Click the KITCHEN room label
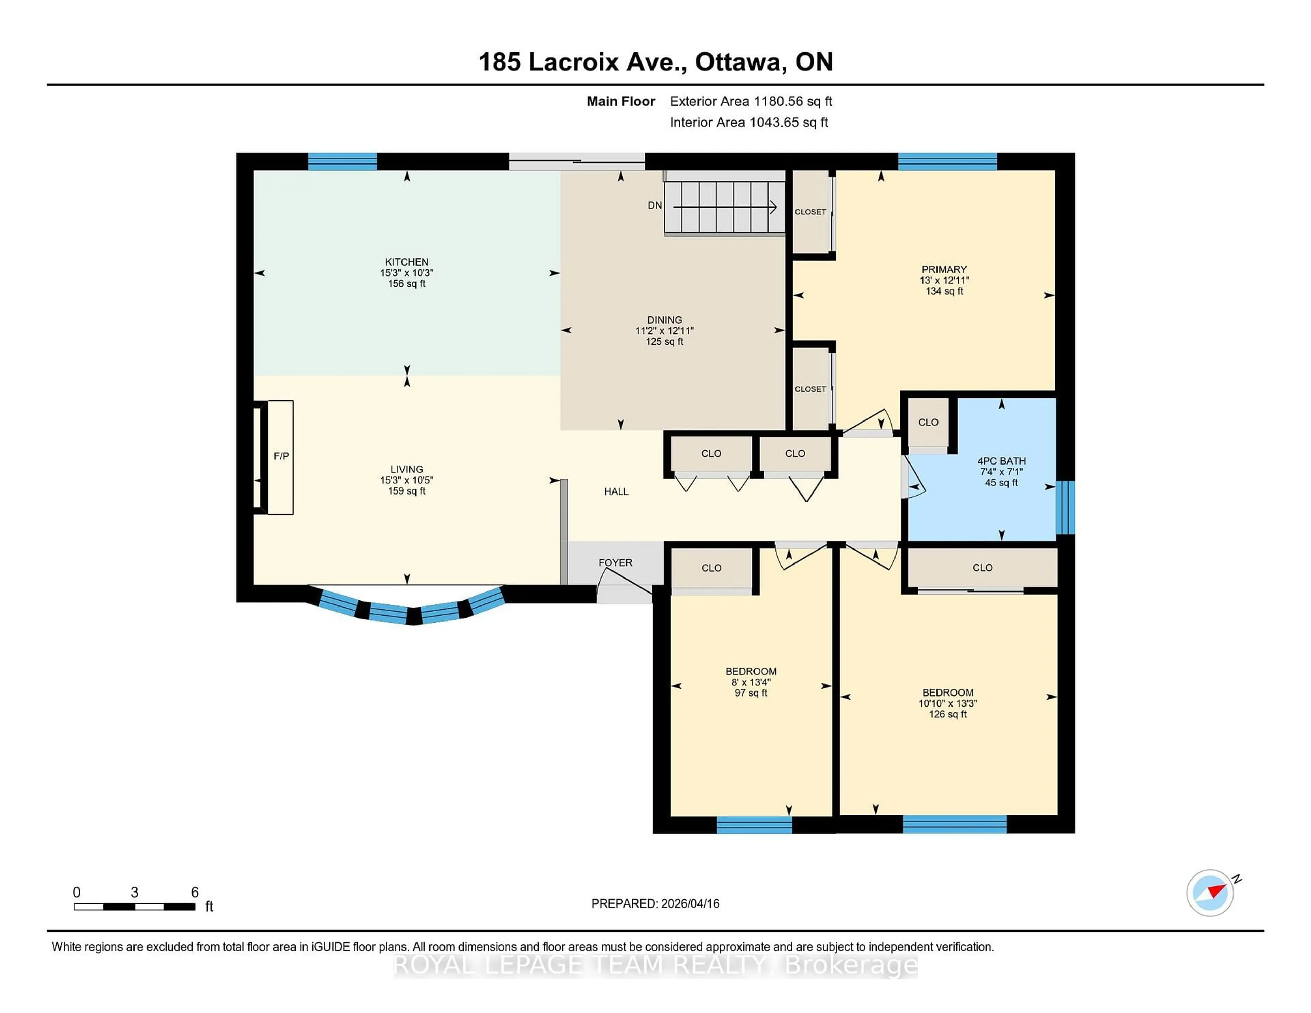point(406,262)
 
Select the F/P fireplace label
point(281,456)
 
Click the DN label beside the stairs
point(654,205)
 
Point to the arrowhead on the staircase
point(773,207)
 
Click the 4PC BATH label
point(1001,461)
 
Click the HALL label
point(616,491)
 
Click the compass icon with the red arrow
point(1210,893)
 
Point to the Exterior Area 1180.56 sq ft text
point(750,101)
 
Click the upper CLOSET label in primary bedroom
point(810,212)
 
